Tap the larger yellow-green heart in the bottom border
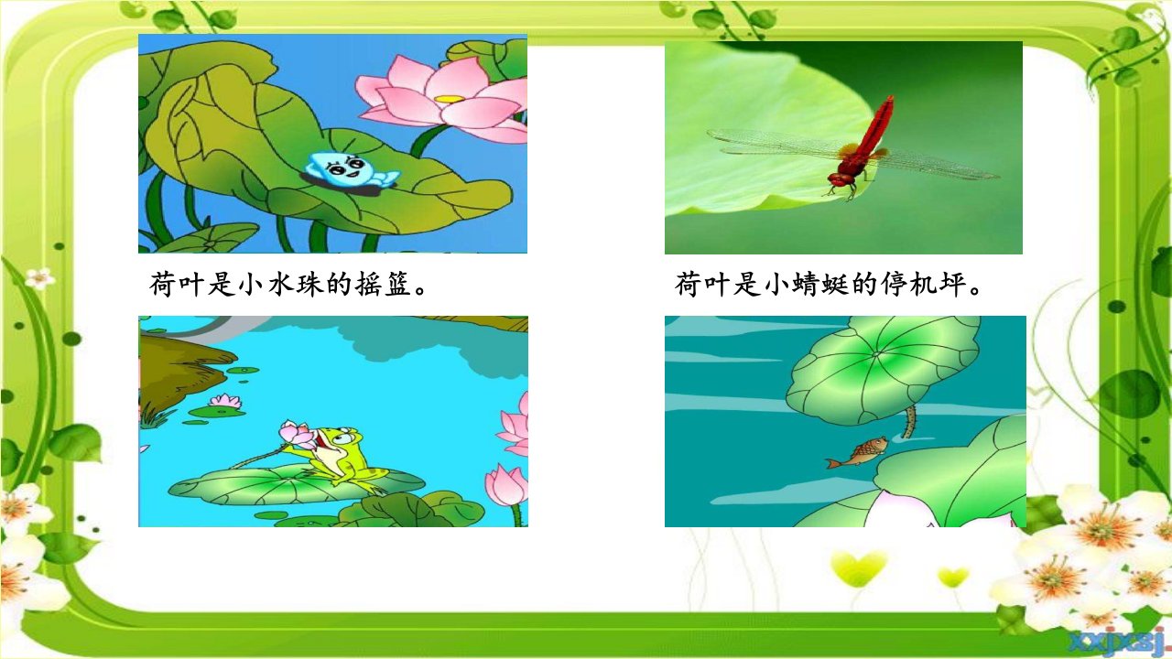(x=859, y=567)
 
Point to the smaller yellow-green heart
(x=953, y=578)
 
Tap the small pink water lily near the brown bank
(x=225, y=401)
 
